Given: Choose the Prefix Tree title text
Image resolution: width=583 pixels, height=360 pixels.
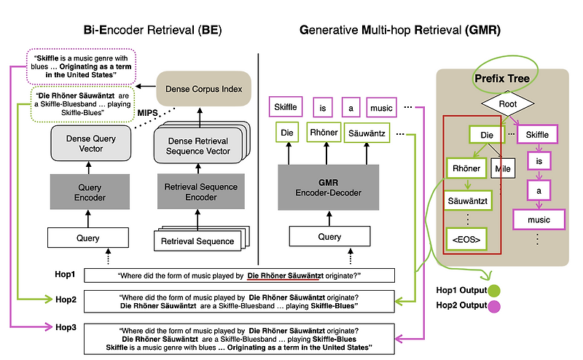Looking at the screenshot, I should click(x=501, y=79).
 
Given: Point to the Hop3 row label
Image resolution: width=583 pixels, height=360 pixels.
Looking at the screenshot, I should click(x=66, y=327).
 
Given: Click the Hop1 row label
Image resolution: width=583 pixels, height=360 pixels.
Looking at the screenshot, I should click(x=66, y=275).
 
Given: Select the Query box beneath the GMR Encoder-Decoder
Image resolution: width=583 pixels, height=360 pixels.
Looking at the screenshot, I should click(x=329, y=236).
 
